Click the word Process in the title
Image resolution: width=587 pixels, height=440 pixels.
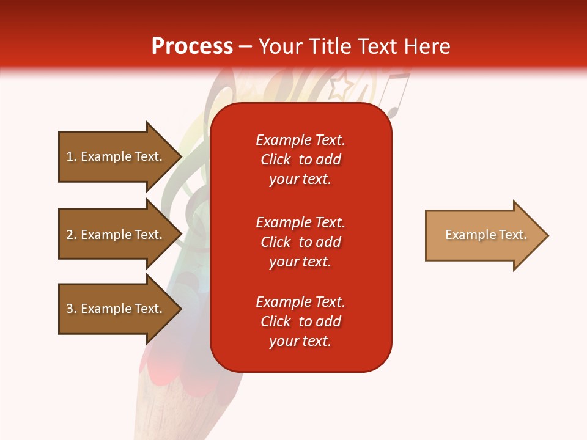[192, 46]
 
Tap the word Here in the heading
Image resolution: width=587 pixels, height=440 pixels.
[427, 46]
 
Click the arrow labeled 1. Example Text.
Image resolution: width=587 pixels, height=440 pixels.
[120, 156]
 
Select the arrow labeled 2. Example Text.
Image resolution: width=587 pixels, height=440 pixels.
[120, 234]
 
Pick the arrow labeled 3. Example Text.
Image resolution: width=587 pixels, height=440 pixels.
[120, 309]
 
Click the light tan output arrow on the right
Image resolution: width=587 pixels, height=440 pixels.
[487, 235]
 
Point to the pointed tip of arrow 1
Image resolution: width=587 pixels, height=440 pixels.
[182, 156]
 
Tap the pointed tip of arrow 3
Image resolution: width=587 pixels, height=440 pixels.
[182, 309]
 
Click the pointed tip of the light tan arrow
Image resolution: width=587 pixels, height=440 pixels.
[548, 235]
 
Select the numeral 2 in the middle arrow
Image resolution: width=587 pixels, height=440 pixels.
[70, 235]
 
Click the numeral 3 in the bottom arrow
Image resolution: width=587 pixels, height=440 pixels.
[70, 309]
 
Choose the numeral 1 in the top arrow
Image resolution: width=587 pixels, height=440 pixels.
[70, 156]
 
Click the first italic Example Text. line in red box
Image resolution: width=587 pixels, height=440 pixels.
[301, 140]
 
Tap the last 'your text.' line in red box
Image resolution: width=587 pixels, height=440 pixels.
[300, 341]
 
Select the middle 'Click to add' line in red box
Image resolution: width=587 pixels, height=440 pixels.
[301, 242]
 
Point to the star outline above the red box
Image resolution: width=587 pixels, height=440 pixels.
[342, 86]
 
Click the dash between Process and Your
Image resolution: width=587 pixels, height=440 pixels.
[245, 47]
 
